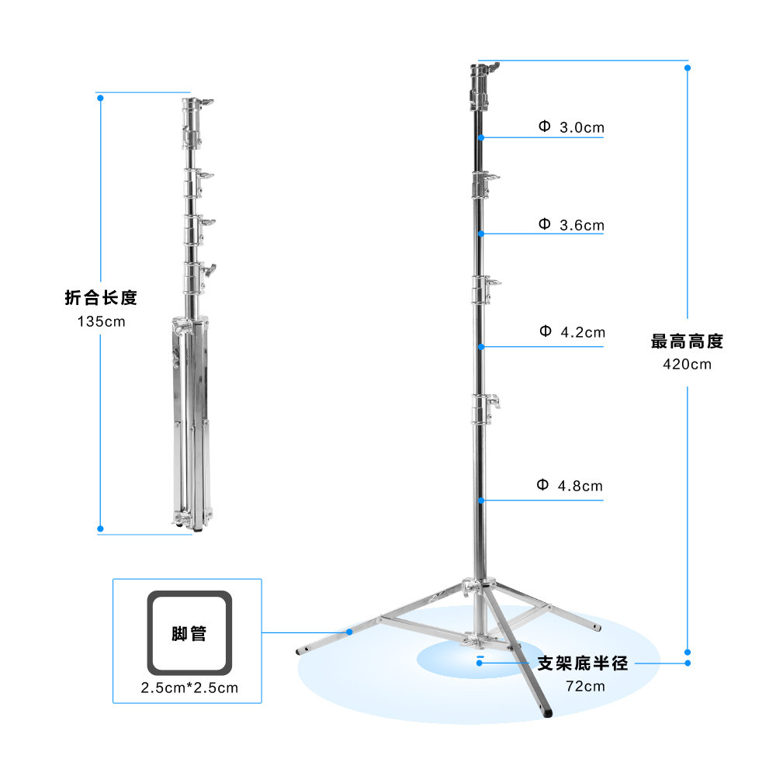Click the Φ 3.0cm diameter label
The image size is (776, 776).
pyautogui.click(x=571, y=126)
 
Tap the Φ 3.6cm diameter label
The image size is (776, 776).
pyautogui.click(x=571, y=226)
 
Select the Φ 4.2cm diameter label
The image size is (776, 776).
pyautogui.click(x=572, y=332)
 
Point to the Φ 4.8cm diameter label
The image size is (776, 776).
pyautogui.click(x=570, y=487)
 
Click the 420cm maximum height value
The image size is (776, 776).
pyautogui.click(x=687, y=363)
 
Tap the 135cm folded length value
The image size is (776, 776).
pyautogui.click(x=100, y=320)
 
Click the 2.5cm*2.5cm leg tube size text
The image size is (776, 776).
pyautogui.click(x=189, y=688)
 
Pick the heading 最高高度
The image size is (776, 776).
pyautogui.click(x=687, y=341)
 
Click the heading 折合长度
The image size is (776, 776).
pyautogui.click(x=101, y=298)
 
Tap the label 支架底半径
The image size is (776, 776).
pyautogui.click(x=583, y=663)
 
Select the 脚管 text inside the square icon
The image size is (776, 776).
pyautogui.click(x=189, y=633)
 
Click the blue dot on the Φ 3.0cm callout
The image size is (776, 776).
pyautogui.click(x=482, y=138)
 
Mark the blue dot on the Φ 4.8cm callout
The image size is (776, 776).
pyautogui.click(x=482, y=501)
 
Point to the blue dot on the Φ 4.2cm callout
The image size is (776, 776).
pyautogui.click(x=482, y=346)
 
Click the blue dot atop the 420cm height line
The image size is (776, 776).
pyautogui.click(x=688, y=68)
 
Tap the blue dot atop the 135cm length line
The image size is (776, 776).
pyautogui.click(x=100, y=98)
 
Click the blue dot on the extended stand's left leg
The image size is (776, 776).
pyautogui.click(x=350, y=632)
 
